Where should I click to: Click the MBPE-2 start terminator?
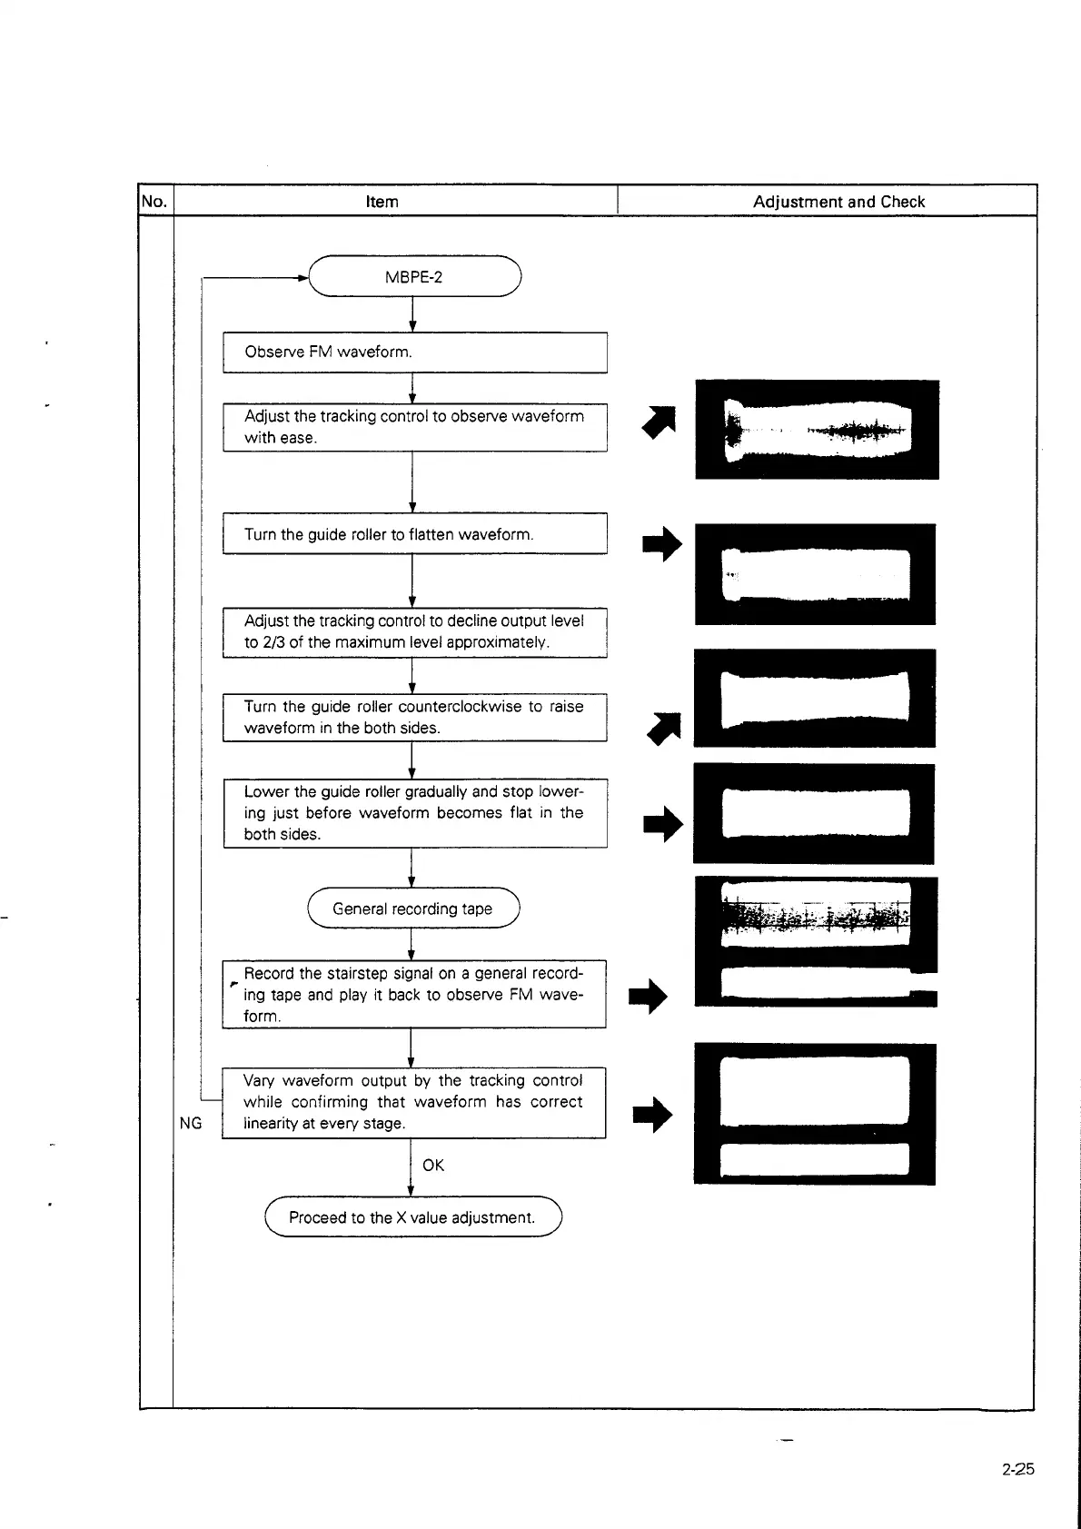[414, 276]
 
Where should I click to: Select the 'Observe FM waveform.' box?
[414, 352]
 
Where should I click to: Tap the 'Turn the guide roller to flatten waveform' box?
[414, 534]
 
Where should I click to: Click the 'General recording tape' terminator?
[412, 908]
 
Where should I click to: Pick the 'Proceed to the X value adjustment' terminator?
[412, 1216]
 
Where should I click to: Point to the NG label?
[191, 1124]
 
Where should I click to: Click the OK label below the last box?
[433, 1166]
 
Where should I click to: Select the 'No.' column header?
[154, 201]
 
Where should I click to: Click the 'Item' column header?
[382, 202]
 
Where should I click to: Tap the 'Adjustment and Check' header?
[838, 202]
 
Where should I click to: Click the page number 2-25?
[1017, 1469]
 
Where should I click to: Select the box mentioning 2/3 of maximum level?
[414, 631]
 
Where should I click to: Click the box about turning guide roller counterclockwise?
[414, 717]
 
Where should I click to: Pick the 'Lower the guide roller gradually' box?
[414, 813]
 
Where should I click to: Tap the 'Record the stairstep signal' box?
[413, 994]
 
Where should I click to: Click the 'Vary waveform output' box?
[413, 1102]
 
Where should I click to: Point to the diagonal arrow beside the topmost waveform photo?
[660, 421]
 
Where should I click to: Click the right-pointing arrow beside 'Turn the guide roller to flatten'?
[662, 544]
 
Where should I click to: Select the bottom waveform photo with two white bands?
[815, 1114]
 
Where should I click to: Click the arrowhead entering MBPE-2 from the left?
[303, 276]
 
